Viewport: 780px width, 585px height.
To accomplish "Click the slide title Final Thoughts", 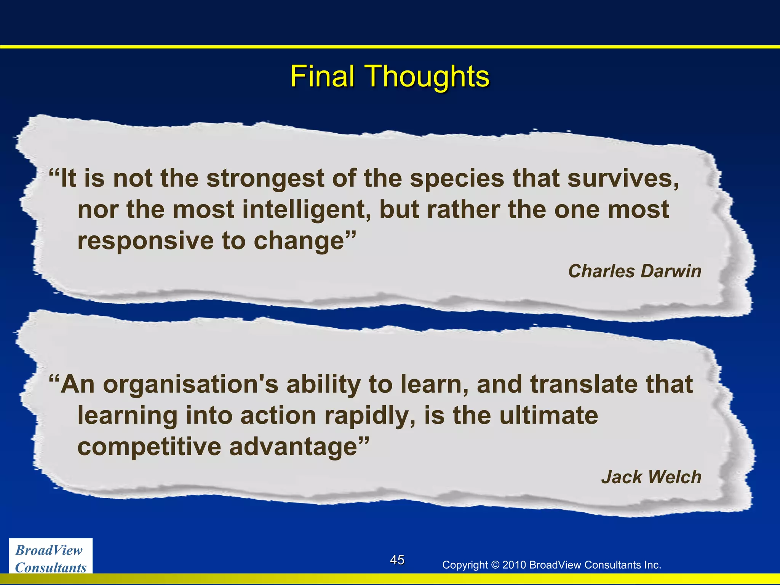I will tap(390, 77).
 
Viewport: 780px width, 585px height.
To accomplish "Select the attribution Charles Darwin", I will tap(635, 271).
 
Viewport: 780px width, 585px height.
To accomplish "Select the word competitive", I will tap(149, 447).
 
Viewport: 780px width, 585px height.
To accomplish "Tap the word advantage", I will tap(294, 447).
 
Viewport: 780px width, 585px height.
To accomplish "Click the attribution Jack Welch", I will tap(651, 477).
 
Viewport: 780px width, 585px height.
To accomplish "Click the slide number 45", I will tap(397, 560).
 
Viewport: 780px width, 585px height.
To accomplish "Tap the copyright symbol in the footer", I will tap(495, 565).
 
